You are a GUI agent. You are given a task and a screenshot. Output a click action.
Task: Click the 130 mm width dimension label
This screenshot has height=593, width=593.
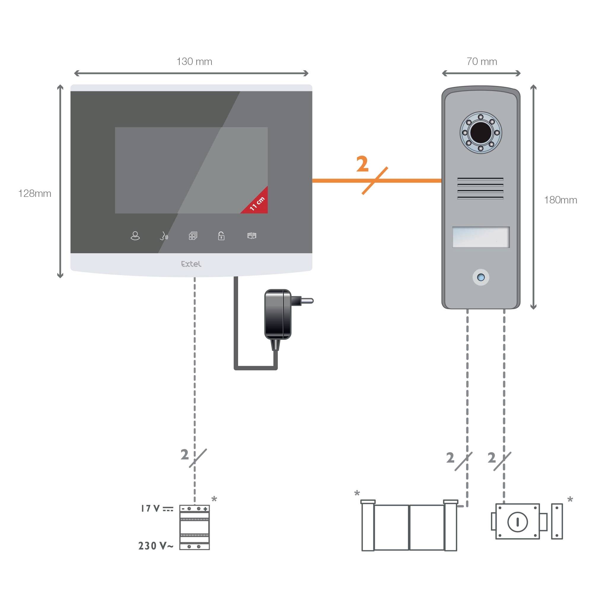click(x=194, y=62)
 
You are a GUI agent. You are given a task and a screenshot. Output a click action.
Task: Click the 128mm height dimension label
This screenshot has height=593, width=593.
click(x=35, y=194)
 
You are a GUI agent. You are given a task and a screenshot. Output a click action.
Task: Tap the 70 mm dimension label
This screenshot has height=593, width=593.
click(x=482, y=62)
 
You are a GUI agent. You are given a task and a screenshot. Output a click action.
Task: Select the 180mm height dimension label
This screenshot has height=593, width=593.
click(x=560, y=200)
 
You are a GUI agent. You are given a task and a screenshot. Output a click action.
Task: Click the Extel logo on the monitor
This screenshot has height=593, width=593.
click(x=191, y=264)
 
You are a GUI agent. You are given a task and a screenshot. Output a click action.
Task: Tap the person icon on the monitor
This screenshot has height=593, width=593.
click(x=135, y=236)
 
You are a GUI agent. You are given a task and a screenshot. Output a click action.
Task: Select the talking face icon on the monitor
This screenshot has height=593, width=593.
click(x=164, y=236)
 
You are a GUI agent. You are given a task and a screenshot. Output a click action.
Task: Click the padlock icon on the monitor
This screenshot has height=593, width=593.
click(x=221, y=236)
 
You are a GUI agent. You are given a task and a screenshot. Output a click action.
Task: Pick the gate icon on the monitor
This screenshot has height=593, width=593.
click(x=252, y=236)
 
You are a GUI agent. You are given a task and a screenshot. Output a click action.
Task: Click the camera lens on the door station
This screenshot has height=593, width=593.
click(x=481, y=133)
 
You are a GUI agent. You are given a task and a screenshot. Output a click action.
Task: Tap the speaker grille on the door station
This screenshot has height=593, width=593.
click(x=480, y=189)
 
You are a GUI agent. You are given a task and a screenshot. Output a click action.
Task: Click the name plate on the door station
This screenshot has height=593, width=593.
click(x=481, y=237)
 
